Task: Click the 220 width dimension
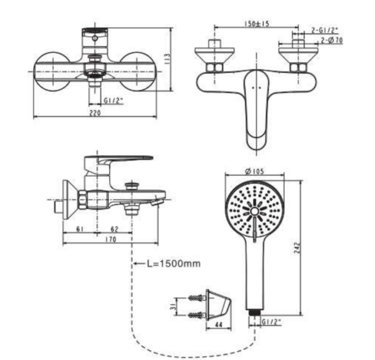click(95, 113)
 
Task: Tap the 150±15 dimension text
click(257, 24)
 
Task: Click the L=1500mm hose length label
click(174, 263)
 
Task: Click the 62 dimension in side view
click(114, 229)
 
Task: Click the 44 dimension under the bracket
click(219, 324)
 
